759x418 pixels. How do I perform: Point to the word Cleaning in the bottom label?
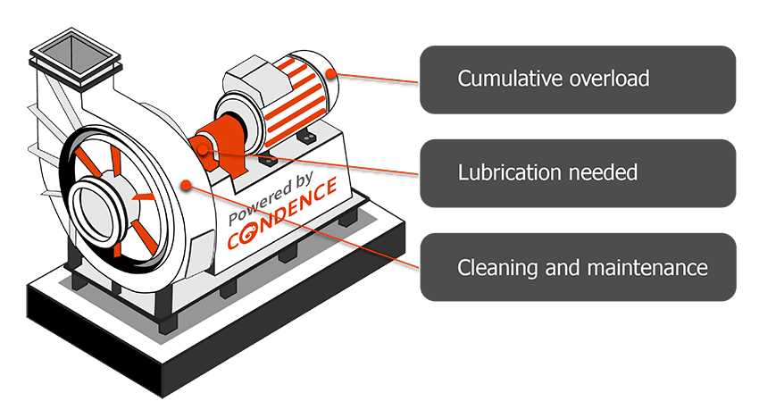pyautogui.click(x=488, y=267)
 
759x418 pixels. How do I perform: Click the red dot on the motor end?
pyautogui.click(x=332, y=74)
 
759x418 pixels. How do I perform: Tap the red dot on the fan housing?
pyautogui.click(x=186, y=185)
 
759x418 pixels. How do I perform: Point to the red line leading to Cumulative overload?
pyautogui.click(x=375, y=79)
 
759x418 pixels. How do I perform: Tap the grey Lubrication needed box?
pyautogui.click(x=577, y=171)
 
